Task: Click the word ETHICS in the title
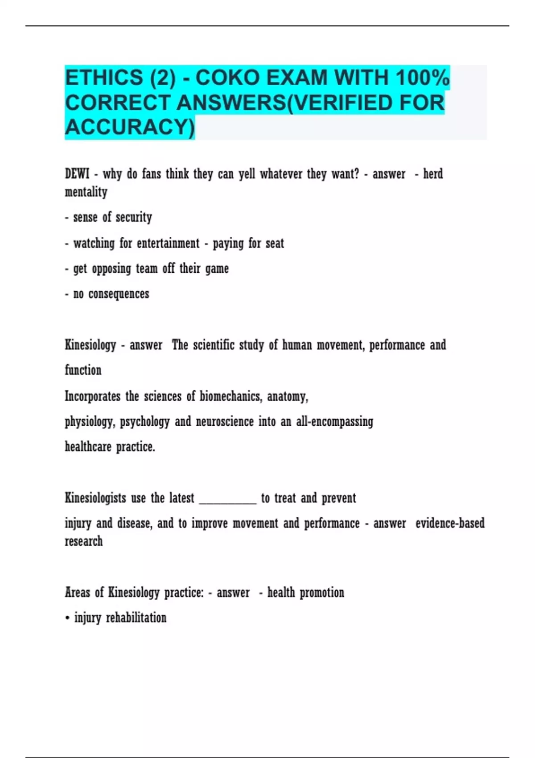pyautogui.click(x=103, y=78)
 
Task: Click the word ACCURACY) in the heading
pyautogui.click(x=130, y=127)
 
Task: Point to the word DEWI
pyautogui.click(x=77, y=173)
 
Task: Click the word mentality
pyautogui.click(x=86, y=192)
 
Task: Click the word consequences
pyautogui.click(x=119, y=294)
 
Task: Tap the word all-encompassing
pyautogui.click(x=334, y=421)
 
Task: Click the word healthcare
pyautogui.click(x=88, y=446)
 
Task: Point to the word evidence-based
pyautogui.click(x=450, y=523)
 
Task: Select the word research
pyautogui.click(x=84, y=541)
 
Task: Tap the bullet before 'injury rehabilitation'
pyautogui.click(x=67, y=618)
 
